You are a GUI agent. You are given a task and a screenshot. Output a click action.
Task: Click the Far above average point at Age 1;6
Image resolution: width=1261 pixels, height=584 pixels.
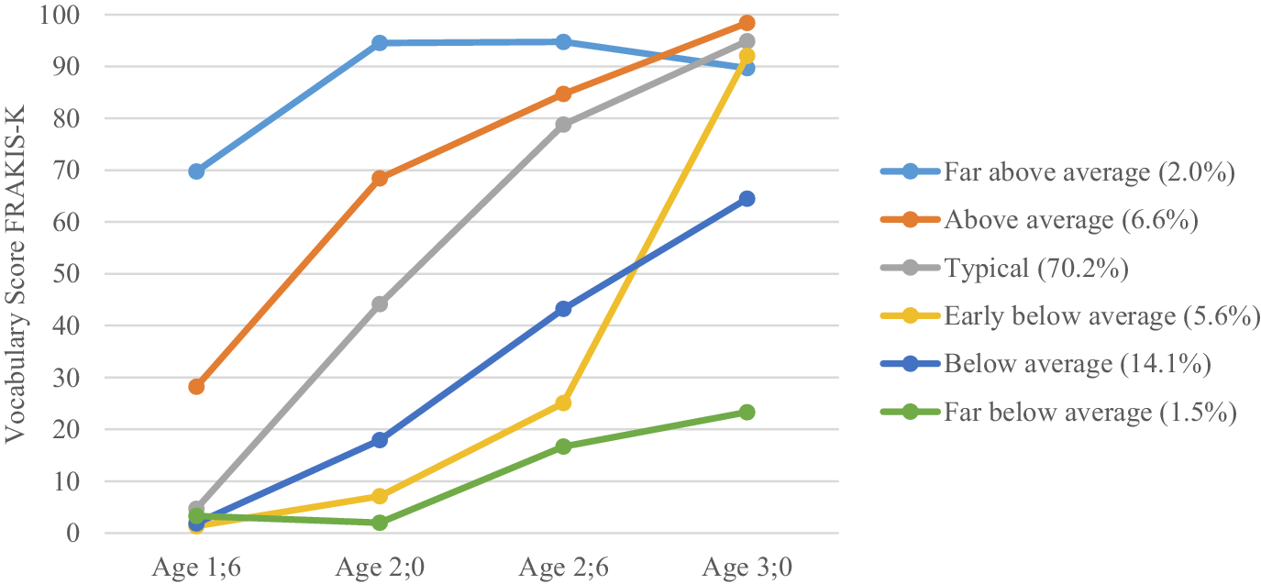(196, 171)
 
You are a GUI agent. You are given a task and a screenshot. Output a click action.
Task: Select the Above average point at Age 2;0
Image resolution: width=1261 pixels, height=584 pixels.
(380, 178)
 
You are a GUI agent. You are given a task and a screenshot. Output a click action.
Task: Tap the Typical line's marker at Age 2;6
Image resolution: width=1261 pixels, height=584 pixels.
(563, 124)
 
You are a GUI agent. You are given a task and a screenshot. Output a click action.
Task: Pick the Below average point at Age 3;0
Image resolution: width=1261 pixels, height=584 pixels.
(747, 199)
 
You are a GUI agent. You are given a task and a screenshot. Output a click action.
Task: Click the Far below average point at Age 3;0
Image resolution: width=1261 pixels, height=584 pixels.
(747, 413)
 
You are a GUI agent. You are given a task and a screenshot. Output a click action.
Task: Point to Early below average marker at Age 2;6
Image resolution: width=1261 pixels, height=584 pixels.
(563, 403)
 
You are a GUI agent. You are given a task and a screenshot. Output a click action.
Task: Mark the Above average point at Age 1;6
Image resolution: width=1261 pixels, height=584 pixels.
(196, 387)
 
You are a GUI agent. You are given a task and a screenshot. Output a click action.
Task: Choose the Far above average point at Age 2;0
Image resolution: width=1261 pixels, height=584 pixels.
(380, 43)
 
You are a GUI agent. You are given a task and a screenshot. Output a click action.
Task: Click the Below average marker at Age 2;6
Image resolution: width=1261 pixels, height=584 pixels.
(563, 309)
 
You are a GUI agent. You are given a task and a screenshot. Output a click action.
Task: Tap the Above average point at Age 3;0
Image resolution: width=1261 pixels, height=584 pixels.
(747, 23)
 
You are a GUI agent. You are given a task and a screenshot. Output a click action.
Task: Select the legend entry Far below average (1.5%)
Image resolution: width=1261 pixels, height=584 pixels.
(1090, 413)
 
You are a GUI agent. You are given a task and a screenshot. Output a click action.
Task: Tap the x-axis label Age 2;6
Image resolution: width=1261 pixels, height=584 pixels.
(563, 567)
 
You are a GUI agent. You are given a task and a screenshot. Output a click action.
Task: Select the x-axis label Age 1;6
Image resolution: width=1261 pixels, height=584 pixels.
(196, 567)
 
